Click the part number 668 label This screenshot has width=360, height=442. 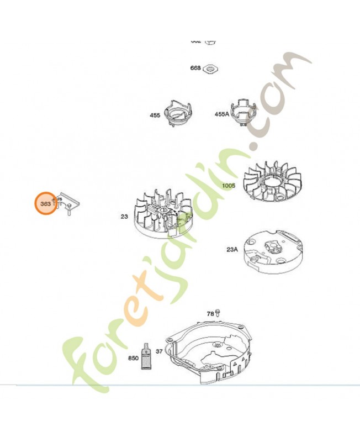195,69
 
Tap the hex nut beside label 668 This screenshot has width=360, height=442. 209,69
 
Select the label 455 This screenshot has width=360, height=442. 155,115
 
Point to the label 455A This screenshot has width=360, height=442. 222,114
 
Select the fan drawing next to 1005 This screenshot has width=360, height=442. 272,182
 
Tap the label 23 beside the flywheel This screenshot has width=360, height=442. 124,217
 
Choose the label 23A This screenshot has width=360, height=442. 232,250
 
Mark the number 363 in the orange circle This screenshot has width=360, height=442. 45,204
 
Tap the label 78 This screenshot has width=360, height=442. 210,314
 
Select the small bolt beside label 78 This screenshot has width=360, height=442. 218,312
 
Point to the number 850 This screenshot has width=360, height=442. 133,358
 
